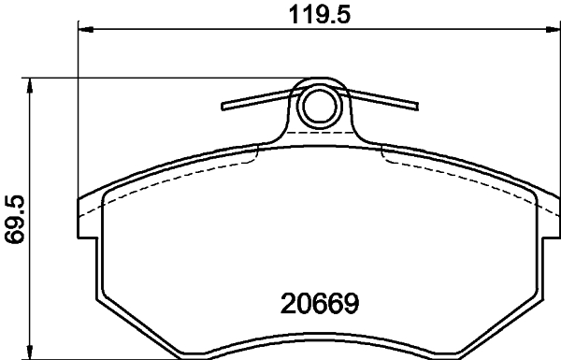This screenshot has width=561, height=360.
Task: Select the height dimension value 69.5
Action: click(14, 219)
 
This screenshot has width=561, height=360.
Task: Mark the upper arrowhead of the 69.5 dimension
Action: click(33, 84)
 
